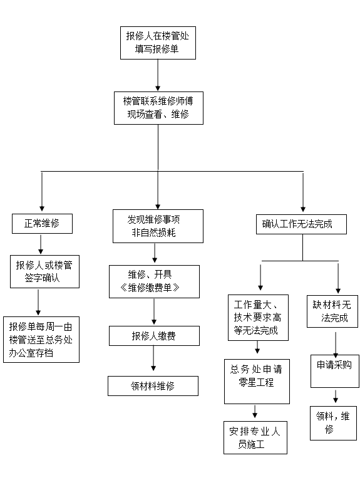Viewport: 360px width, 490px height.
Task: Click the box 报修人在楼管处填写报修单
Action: (158, 43)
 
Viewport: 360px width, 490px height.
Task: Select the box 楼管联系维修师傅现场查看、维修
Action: (158, 108)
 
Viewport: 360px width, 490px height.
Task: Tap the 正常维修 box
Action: (42, 224)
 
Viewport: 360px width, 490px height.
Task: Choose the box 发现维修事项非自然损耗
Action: (158, 226)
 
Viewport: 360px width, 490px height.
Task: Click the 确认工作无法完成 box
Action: (301, 224)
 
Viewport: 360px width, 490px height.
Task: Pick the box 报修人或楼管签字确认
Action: (44, 271)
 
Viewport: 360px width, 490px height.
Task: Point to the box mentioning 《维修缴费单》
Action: (154, 281)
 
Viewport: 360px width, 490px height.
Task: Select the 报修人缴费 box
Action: (154, 336)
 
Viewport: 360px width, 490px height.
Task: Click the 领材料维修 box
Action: (153, 386)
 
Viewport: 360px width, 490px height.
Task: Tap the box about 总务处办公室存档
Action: (41, 340)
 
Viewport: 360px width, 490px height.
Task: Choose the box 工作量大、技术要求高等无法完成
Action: (258, 318)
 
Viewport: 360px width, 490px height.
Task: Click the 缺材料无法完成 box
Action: (332, 311)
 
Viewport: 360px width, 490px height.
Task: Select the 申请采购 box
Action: (335, 371)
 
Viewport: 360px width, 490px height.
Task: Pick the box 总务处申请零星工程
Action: (257, 382)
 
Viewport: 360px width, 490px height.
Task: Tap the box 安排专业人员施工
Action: (255, 437)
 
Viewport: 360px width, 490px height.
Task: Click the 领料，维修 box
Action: (334, 423)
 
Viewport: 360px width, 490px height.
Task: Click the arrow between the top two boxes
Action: (158, 75)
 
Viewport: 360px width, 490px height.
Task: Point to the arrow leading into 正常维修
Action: (42, 192)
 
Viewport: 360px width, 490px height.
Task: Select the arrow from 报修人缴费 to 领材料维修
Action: (153, 358)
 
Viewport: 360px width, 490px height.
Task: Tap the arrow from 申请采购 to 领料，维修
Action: (336, 396)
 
